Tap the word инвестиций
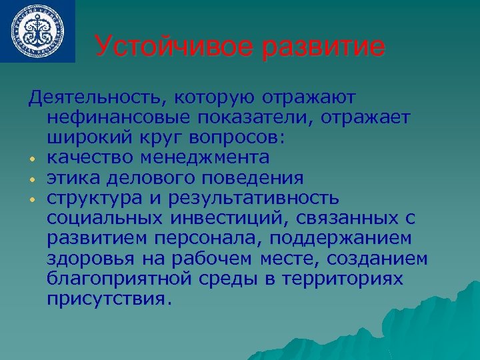click(x=207, y=218)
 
